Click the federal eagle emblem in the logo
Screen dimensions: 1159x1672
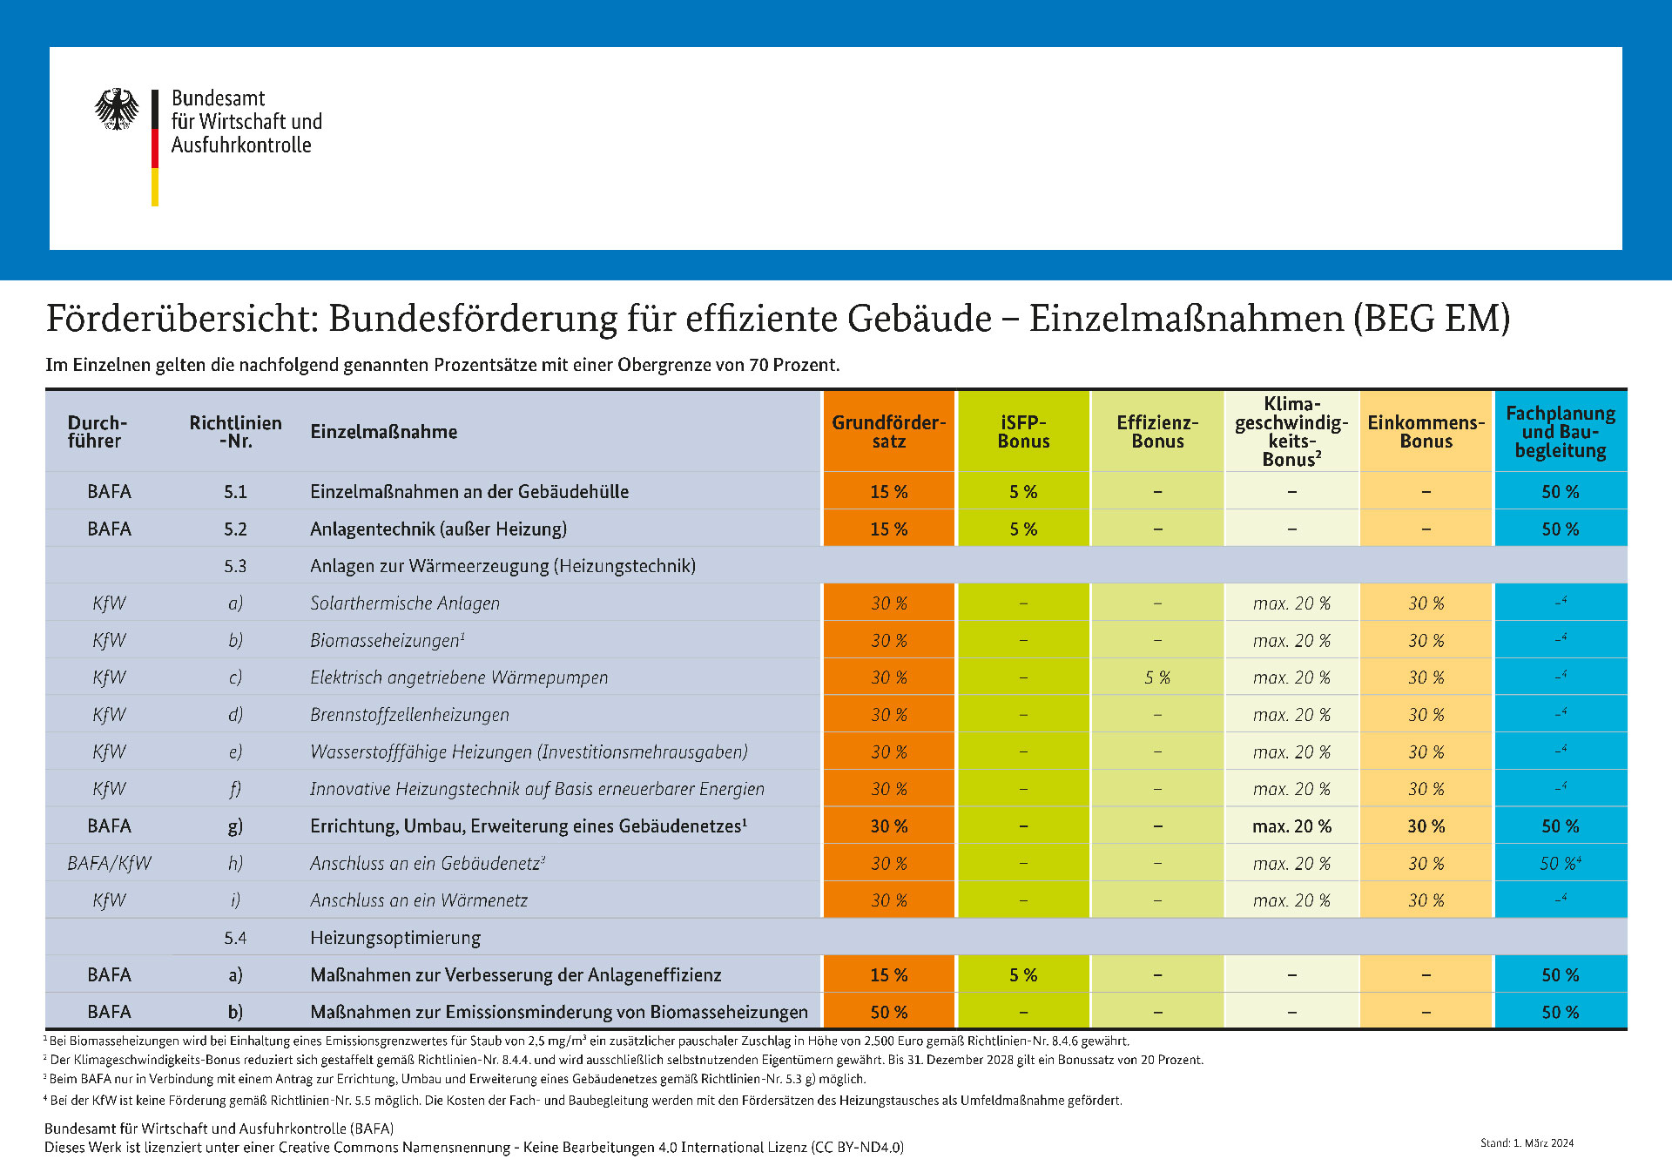[x=117, y=109]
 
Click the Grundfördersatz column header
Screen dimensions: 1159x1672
[x=888, y=432]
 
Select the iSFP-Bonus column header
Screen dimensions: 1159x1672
[x=1023, y=432]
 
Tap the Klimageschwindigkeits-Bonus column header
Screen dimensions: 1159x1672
[x=1291, y=432]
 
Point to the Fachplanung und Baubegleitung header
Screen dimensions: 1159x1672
[x=1561, y=432]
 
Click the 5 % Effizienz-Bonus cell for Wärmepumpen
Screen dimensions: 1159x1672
[x=1157, y=677]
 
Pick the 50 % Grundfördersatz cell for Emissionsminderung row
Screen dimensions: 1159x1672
[x=888, y=1012]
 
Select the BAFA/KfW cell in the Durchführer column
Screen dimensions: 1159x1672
[x=109, y=863]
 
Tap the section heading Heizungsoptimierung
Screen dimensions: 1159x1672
[x=395, y=938]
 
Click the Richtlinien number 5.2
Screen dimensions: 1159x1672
[x=235, y=529]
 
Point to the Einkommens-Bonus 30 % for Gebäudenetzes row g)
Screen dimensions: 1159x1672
[x=1426, y=826]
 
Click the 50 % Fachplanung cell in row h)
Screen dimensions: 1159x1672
[x=1560, y=864]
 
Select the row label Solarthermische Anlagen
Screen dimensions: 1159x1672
[x=405, y=603]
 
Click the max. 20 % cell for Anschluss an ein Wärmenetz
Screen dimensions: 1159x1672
[x=1291, y=900]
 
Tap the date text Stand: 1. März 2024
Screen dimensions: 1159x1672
[x=1527, y=1143]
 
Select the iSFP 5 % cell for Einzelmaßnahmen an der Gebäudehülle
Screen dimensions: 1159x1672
[x=1023, y=492]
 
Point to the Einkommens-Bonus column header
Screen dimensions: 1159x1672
[x=1426, y=432]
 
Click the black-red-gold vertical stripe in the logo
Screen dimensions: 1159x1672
[x=155, y=148]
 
